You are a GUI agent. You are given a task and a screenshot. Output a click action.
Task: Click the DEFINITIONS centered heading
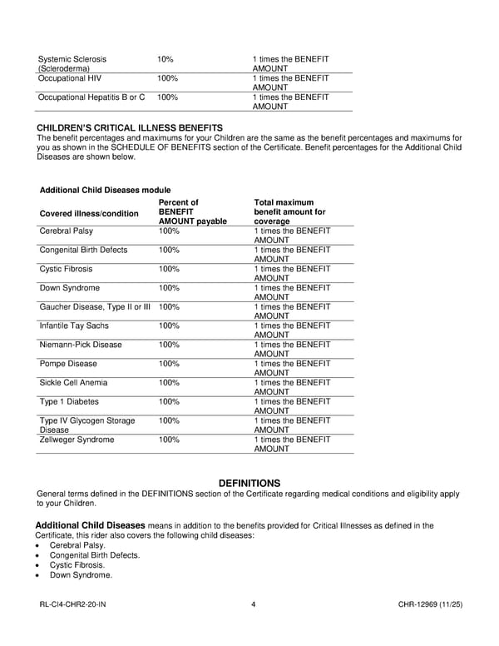(249, 484)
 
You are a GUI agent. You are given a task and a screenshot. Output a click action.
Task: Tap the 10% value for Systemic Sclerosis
(166, 59)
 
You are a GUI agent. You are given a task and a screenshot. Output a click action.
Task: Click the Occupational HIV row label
(72, 78)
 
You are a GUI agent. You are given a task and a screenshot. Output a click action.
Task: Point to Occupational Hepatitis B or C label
(91, 97)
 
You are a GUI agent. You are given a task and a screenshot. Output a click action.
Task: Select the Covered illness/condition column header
(89, 213)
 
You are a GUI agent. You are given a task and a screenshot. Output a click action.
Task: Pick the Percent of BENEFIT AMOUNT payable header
(191, 212)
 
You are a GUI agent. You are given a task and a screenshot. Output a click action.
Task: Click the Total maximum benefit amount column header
(289, 212)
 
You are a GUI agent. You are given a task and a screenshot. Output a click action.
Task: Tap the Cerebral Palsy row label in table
(67, 231)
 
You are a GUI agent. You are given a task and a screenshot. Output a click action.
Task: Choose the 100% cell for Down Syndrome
(169, 288)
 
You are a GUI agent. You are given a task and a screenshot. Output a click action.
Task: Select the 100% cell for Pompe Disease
(169, 364)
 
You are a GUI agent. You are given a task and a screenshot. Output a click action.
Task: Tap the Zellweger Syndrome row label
(77, 440)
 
